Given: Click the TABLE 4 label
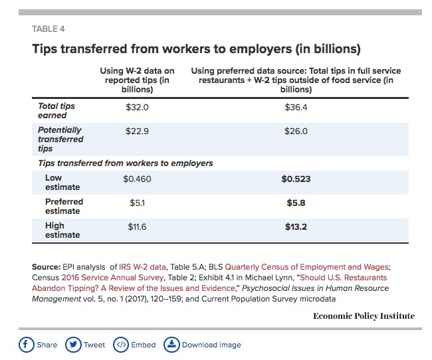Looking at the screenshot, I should point(49,29).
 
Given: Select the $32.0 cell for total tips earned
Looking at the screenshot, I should point(137,106).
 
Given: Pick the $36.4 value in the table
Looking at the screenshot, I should point(296,106).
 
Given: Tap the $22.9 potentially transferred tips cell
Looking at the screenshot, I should point(137,132).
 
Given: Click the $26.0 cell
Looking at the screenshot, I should point(296,132).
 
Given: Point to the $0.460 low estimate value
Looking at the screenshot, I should point(137,179).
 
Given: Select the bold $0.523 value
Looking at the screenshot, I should point(296,179).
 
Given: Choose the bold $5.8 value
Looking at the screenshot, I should point(296,203).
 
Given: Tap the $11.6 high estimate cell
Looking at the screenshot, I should point(137,227).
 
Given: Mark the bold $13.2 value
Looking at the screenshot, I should point(296,227).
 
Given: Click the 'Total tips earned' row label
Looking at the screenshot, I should point(56,111).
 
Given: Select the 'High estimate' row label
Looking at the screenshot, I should point(62,230).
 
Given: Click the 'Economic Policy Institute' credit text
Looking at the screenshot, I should point(364,315).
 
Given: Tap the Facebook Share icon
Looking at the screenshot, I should point(27,345).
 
